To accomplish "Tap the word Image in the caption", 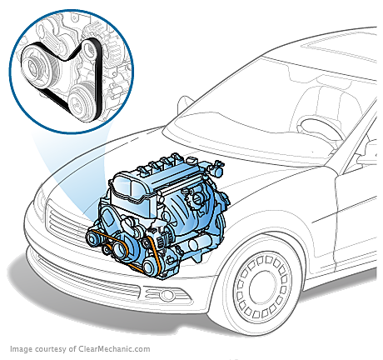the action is [x=19, y=349].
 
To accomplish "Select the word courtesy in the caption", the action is [x=49, y=349].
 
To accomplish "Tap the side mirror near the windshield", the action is [x=184, y=104].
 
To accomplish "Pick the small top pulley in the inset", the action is [x=90, y=49].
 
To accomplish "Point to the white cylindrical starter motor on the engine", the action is [x=196, y=244].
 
